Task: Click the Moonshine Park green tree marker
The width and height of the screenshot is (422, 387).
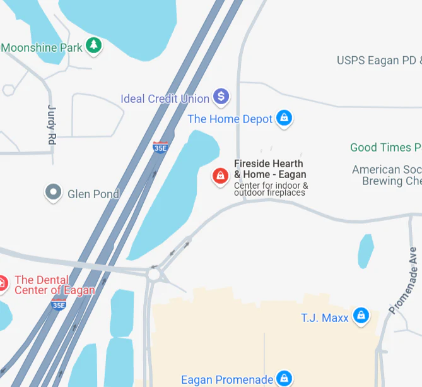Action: click(x=94, y=45)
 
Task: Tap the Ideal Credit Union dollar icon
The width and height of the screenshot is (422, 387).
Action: click(x=221, y=97)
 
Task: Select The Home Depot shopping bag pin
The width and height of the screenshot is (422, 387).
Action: click(x=284, y=117)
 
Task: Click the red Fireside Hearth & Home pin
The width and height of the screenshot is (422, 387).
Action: click(x=220, y=176)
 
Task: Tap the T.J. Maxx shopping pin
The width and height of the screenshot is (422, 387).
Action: click(x=361, y=316)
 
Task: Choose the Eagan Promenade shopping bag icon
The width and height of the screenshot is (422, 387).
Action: click(x=284, y=378)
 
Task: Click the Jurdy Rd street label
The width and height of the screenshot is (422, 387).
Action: click(x=52, y=125)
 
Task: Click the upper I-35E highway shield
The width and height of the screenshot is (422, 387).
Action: click(x=160, y=148)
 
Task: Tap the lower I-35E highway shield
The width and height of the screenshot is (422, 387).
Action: click(x=59, y=305)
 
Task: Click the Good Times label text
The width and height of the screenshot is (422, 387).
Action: click(x=385, y=148)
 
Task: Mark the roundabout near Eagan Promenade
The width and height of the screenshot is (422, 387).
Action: click(x=155, y=275)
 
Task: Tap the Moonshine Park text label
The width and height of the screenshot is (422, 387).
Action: click(x=42, y=47)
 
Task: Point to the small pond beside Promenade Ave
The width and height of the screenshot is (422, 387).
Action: click(x=365, y=251)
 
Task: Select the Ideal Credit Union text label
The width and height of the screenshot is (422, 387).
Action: click(x=165, y=98)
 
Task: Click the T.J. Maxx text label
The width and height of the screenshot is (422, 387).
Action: click(x=325, y=318)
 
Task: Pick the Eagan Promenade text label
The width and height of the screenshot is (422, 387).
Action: click(x=227, y=380)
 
